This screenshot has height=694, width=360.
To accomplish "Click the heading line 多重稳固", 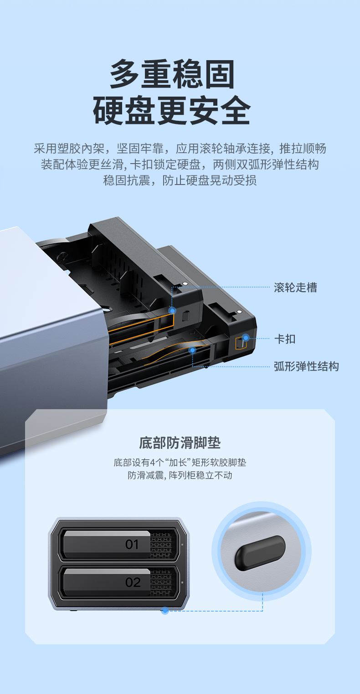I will pos(172,74).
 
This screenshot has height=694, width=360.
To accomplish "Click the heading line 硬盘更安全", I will pos(172,110).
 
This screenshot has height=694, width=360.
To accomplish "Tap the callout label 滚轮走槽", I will pos(295,288).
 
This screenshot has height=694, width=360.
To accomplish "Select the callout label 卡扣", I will pos(285,339).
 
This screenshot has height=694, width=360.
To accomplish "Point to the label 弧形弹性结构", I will pos(306,366).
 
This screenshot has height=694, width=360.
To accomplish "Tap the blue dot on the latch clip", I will pos(246,338).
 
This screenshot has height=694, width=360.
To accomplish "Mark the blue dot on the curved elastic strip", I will pos(193,350).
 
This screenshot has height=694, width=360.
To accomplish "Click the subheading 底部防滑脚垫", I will pos(180,442).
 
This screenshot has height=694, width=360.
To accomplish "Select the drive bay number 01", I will pos(132,544).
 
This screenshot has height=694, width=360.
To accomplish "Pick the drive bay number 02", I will pos(133,582).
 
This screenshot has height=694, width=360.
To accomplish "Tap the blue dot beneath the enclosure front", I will pos(165,611).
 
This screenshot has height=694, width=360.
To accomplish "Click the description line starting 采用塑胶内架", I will pos(180,149).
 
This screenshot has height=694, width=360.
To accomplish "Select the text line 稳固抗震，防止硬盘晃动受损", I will pos(180,180).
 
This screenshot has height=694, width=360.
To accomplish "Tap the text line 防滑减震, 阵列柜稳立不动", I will pos(180,475).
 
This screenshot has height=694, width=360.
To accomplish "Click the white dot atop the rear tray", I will pos(240,312).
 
